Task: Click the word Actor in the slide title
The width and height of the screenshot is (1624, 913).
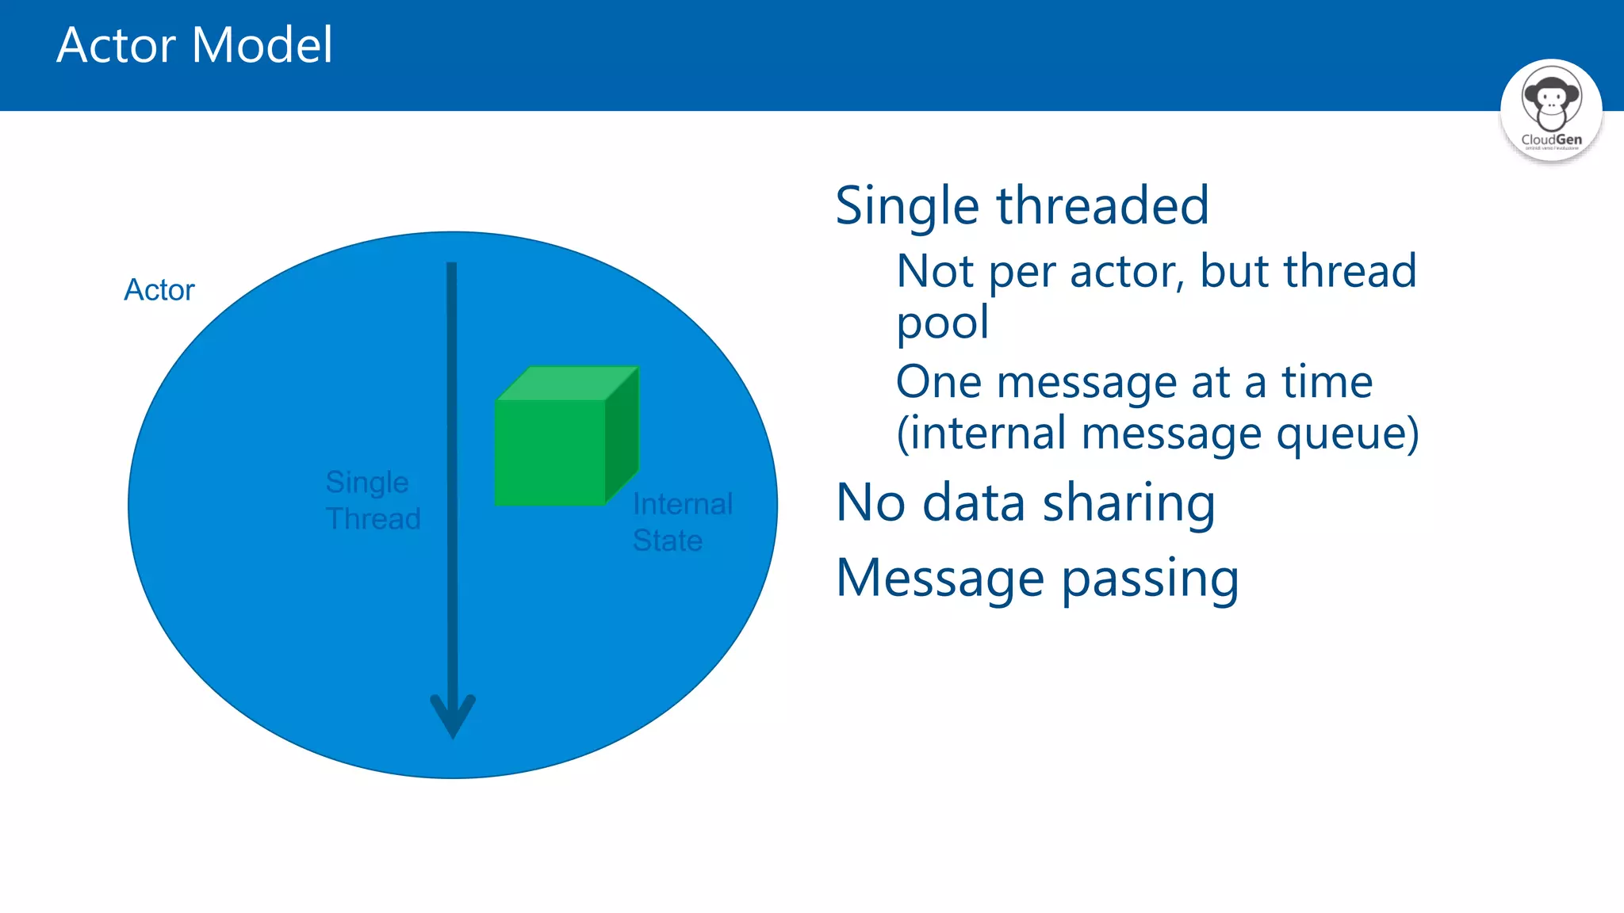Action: coord(116,45)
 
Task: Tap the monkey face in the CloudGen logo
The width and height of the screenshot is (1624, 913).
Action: coord(1551,101)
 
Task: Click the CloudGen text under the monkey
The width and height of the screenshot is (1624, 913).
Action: coord(1551,139)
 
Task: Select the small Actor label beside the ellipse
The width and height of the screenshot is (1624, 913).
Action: coord(159,290)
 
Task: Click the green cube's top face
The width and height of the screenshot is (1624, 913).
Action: coord(567,383)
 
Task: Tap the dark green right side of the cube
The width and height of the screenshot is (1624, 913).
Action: coord(622,436)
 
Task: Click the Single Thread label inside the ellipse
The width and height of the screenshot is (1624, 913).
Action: coord(373,500)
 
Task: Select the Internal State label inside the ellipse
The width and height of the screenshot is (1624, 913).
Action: coord(682,521)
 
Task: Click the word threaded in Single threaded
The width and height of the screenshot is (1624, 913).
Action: coord(1102,205)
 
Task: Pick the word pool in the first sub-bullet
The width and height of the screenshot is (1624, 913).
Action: coord(942,323)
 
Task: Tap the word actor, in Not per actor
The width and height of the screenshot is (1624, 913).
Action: coord(1127,272)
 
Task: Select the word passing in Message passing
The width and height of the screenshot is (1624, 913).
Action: coord(1150,579)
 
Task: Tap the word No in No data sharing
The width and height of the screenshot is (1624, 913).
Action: coord(871,503)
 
